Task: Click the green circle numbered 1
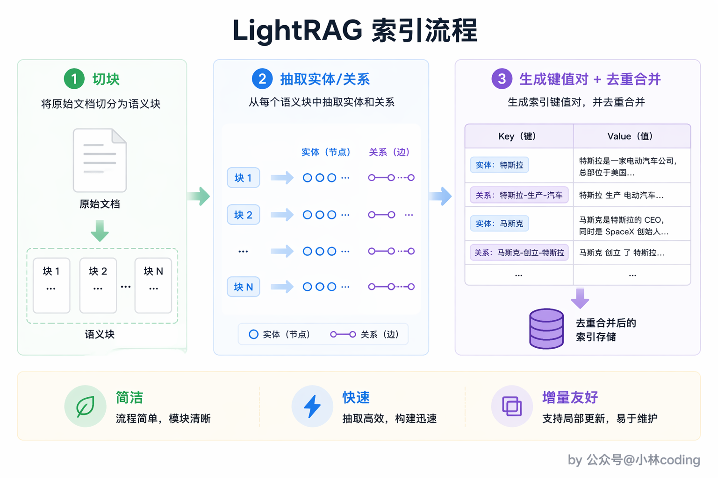click(x=74, y=79)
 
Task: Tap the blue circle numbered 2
click(x=262, y=79)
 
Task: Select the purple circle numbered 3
click(x=502, y=79)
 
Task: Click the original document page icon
click(x=100, y=160)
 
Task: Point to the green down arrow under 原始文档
click(x=100, y=231)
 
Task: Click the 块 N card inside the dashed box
click(x=153, y=285)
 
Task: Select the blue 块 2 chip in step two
click(x=243, y=215)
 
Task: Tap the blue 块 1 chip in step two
click(x=243, y=177)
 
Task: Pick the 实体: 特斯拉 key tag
click(x=499, y=165)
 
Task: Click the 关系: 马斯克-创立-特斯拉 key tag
click(x=519, y=253)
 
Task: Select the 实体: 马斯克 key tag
click(x=499, y=223)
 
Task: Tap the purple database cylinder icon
click(x=546, y=329)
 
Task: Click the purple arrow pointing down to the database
click(x=580, y=298)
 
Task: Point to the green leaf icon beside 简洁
click(x=85, y=406)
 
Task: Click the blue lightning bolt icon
click(x=312, y=406)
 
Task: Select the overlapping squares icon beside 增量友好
click(x=512, y=406)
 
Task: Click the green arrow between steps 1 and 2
click(x=199, y=196)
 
